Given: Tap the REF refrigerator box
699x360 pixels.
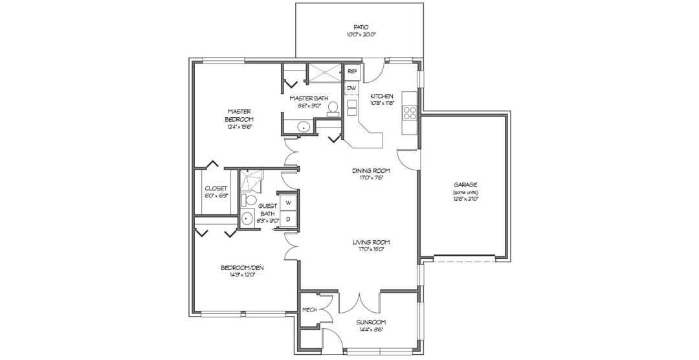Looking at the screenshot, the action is (x=352, y=71).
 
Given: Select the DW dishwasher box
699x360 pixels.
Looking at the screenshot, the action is (x=351, y=88).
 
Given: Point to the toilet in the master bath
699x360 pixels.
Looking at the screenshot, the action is (x=333, y=108).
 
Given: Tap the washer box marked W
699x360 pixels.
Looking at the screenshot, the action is (x=289, y=203).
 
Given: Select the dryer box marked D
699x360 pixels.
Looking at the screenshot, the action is (x=289, y=219).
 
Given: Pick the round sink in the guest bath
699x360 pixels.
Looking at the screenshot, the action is (x=247, y=219).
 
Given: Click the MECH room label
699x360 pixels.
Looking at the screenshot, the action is (x=309, y=310).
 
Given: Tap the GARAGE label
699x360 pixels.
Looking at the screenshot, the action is (x=465, y=185).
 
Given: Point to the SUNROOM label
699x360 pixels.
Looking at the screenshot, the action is (x=371, y=322).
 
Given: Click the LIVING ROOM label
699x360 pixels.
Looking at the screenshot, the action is (x=372, y=243).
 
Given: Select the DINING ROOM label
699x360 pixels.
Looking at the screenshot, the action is (x=372, y=171).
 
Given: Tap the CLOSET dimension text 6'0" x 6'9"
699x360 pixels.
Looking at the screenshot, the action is (x=216, y=196).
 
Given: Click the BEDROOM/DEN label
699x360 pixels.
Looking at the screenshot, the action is (x=243, y=268).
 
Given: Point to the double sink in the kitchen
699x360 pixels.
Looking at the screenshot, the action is (x=352, y=107).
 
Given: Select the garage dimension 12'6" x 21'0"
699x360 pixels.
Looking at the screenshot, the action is (x=466, y=199).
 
